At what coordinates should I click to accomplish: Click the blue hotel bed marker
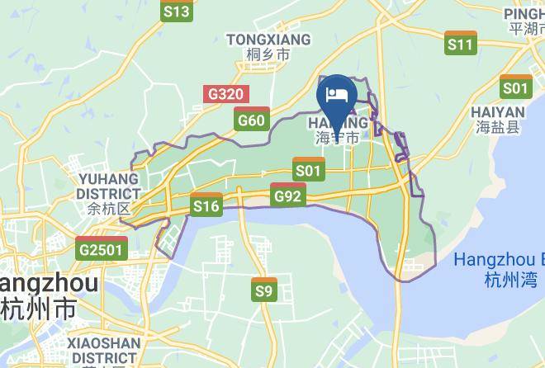337,96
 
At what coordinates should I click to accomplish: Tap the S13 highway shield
177,11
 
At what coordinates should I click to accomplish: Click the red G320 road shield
225,93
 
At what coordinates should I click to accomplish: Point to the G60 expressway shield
251,120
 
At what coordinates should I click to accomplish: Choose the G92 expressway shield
287,195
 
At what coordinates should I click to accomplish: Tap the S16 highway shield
206,205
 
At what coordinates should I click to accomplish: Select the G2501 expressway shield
102,248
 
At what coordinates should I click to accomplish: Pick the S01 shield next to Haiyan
515,87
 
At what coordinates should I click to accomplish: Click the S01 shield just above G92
308,170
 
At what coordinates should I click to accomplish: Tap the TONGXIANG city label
268,40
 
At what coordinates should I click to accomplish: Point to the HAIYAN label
497,112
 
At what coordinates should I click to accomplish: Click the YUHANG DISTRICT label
108,186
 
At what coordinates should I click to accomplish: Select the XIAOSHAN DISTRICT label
103,350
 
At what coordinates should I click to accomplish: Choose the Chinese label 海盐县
497,127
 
